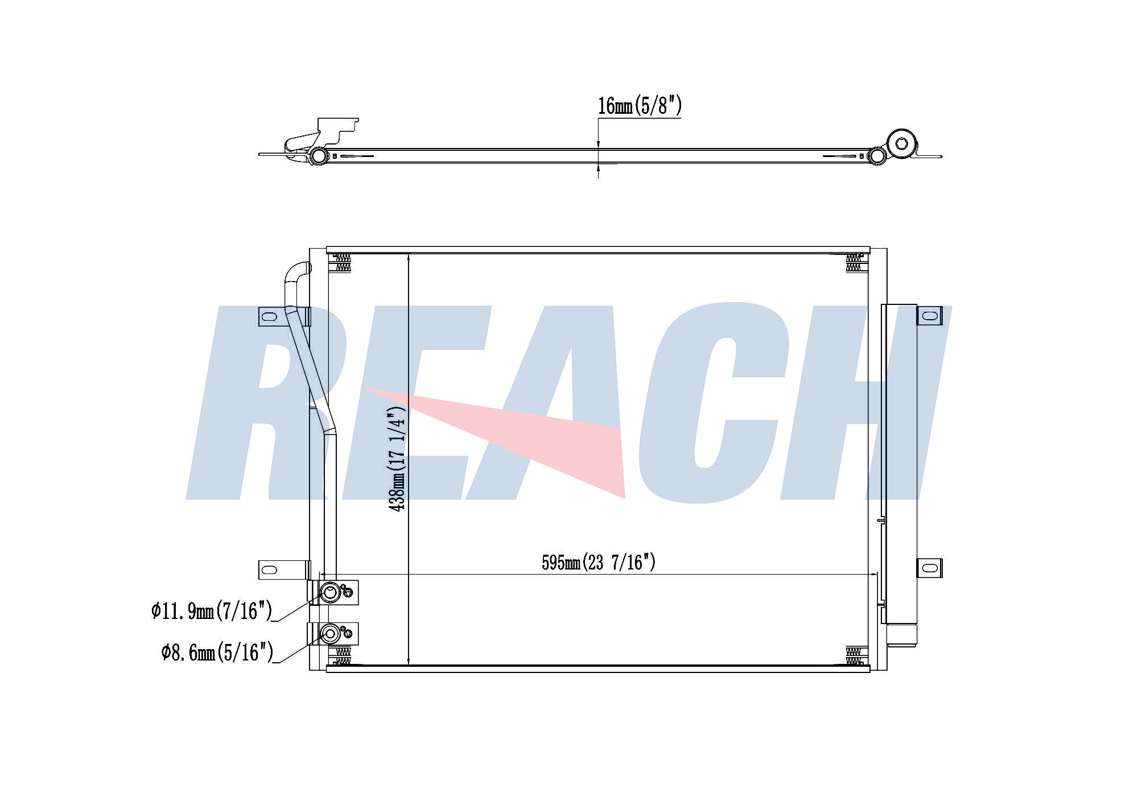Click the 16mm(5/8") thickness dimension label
tap(640, 106)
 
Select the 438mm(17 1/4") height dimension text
tap(397, 458)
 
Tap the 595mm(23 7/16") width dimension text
tap(599, 562)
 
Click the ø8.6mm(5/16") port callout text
tap(217, 652)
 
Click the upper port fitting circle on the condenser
tap(330, 593)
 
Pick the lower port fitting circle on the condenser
tap(330, 633)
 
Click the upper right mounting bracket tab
tap(929, 315)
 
